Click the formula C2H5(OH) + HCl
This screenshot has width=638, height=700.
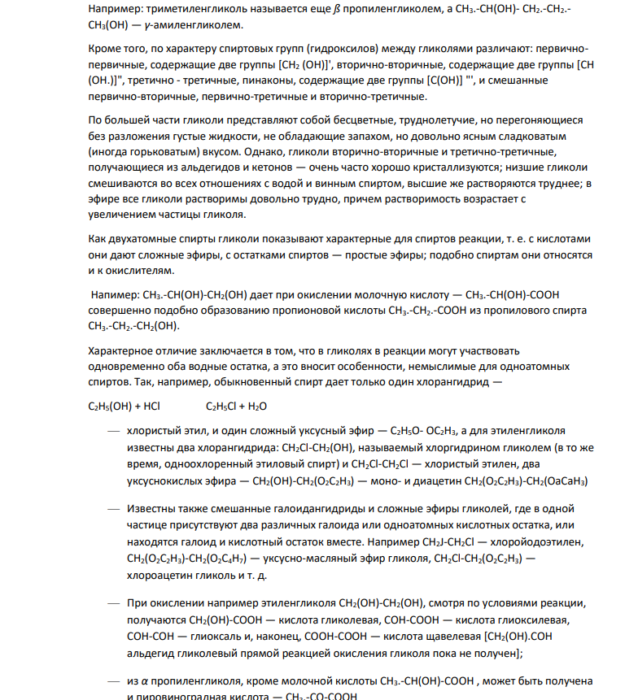[125, 406]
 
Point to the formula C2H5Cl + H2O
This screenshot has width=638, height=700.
[236, 406]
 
